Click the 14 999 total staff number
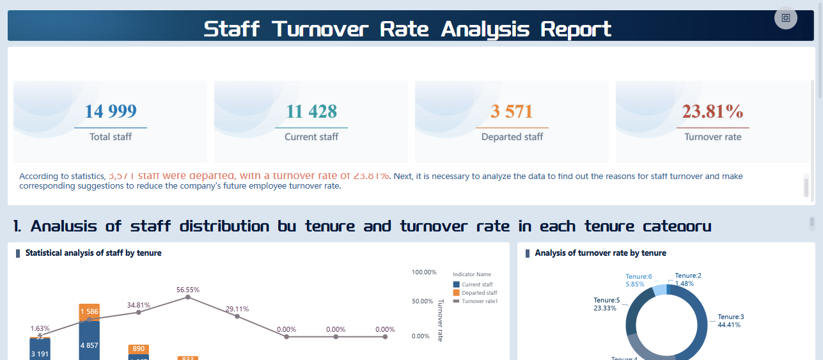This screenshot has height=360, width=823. [x=111, y=111]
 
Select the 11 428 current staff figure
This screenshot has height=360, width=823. [x=311, y=111]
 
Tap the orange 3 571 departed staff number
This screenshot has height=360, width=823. [x=512, y=111]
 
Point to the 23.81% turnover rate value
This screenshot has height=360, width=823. [x=712, y=111]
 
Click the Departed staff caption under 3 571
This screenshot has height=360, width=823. [x=512, y=137]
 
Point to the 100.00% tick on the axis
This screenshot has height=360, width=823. [x=424, y=272]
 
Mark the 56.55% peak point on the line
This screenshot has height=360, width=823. [x=187, y=297]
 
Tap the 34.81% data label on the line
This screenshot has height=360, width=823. [x=139, y=305]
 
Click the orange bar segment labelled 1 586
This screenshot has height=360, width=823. [x=89, y=312]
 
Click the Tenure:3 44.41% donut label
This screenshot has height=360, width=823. [x=730, y=320]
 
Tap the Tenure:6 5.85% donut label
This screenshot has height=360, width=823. [x=639, y=280]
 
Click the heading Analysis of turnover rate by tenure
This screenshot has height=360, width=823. [x=600, y=253]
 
